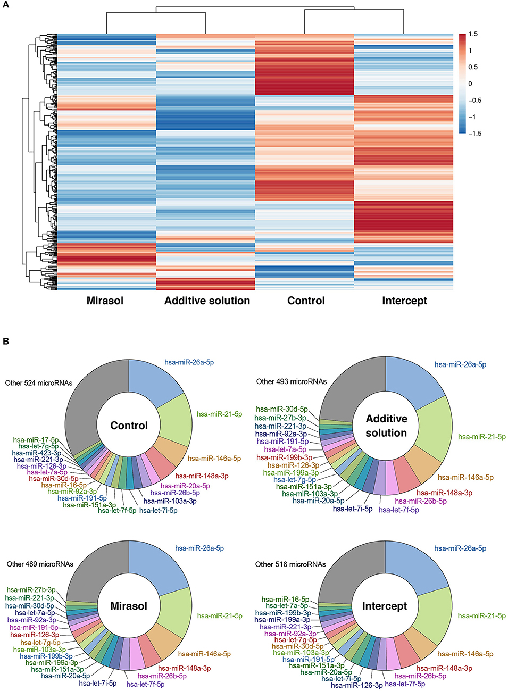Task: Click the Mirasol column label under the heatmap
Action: click(x=105, y=301)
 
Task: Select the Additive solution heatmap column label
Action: click(x=207, y=301)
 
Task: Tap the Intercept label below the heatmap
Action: click(x=404, y=301)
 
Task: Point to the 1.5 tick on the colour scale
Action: click(x=473, y=34)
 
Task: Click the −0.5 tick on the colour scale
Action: click(x=474, y=100)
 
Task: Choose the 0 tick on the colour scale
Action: click(x=470, y=84)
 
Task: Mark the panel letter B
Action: click(x=6, y=341)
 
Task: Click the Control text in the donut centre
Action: click(x=129, y=426)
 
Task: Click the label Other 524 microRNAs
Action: click(x=39, y=382)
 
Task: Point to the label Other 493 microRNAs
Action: click(x=291, y=381)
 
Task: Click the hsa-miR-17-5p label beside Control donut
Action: click(x=36, y=440)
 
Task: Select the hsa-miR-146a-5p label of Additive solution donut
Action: click(x=465, y=477)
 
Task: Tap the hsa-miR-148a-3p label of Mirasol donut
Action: click(x=184, y=668)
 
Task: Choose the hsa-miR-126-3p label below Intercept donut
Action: click(x=356, y=685)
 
